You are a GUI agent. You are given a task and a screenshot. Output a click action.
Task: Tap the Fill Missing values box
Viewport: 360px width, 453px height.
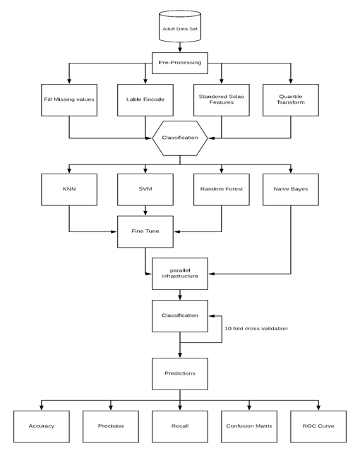coord(69,100)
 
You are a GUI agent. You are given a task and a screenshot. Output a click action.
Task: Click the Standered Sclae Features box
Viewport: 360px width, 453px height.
coord(221,100)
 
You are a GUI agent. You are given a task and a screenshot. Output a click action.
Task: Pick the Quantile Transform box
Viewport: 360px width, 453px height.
coord(291,100)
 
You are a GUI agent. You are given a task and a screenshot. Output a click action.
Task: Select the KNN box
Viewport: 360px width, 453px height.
coord(69,190)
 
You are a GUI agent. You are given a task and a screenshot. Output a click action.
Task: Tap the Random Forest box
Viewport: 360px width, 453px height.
coord(221,190)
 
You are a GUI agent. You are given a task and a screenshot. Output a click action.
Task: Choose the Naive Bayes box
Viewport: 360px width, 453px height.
coord(291,190)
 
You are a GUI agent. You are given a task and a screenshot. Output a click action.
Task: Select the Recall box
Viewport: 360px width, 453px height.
coord(180,425)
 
